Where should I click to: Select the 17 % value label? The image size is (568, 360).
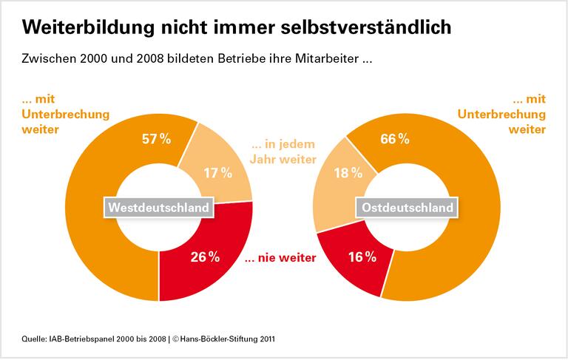(217, 173)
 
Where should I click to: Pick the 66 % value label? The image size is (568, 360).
(394, 140)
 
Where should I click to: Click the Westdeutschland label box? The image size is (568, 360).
(159, 208)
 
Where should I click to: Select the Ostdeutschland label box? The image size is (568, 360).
(406, 208)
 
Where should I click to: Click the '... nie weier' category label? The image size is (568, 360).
(280, 258)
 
